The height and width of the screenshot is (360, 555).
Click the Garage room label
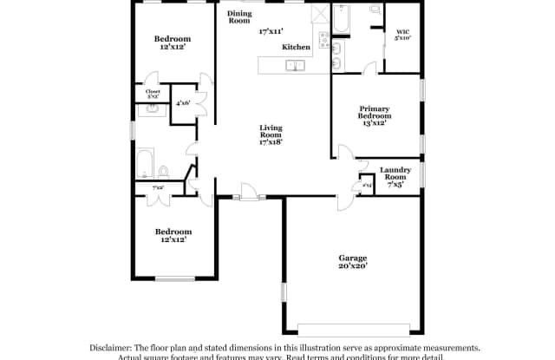click(352, 258)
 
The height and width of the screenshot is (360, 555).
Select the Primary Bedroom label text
click(375, 112)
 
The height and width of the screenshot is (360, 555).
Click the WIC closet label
click(403, 31)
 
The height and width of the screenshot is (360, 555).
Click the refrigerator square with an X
click(317, 14)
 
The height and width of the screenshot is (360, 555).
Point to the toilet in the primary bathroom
click(375, 10)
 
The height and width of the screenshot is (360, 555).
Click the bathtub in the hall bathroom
click(145, 163)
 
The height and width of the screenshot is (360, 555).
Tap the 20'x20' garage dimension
click(352, 266)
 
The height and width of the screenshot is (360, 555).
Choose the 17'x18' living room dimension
click(271, 141)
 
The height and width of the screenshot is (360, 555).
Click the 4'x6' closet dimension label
click(183, 103)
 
